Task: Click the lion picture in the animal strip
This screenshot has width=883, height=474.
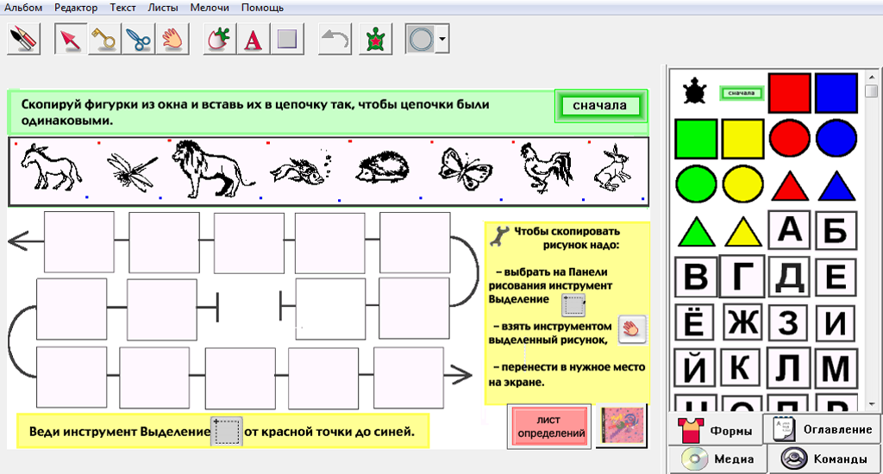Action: tap(212, 169)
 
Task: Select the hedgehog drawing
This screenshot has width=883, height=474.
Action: tap(382, 167)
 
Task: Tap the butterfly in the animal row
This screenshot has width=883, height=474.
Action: tap(465, 168)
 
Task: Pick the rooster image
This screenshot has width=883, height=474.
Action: tap(546, 167)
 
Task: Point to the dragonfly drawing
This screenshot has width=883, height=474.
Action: tap(132, 170)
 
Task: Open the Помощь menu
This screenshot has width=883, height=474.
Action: tap(262, 7)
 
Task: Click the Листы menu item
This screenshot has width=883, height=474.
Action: tap(163, 7)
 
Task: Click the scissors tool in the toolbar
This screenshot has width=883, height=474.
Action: tap(139, 39)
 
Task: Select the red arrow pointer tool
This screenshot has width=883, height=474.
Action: tap(71, 39)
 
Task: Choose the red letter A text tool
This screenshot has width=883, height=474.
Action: tap(253, 40)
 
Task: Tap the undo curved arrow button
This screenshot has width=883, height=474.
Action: tap(335, 39)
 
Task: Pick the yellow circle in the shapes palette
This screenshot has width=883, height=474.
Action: tap(742, 184)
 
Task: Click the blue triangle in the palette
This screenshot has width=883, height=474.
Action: tap(836, 186)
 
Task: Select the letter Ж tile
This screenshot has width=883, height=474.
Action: tap(742, 323)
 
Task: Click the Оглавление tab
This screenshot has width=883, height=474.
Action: tap(822, 429)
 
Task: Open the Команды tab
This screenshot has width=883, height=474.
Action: tap(824, 458)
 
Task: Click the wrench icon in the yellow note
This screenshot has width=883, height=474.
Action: tap(499, 236)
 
